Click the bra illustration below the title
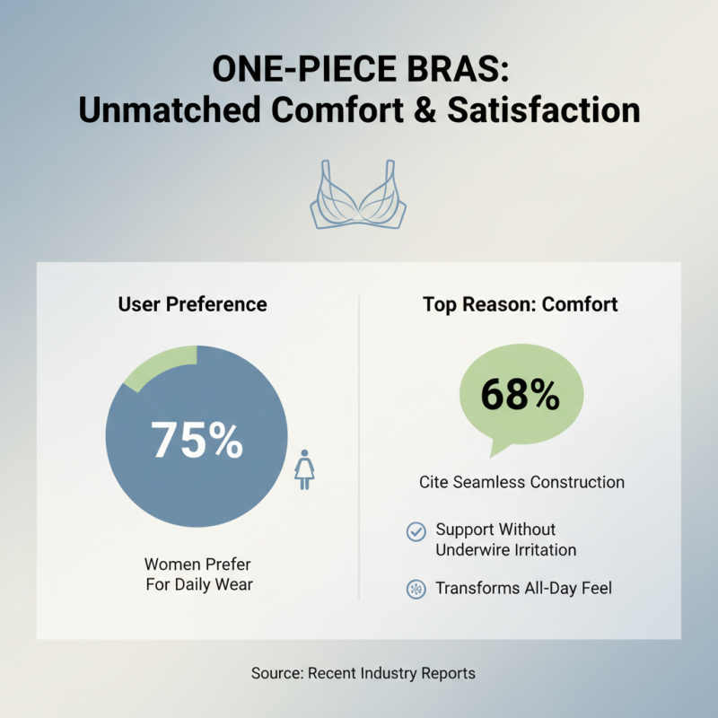click(x=358, y=196)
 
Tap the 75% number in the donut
click(x=197, y=439)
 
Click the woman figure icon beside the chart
click(x=305, y=469)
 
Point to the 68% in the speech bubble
click(x=521, y=394)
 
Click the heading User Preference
click(x=192, y=304)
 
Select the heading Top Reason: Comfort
click(x=521, y=304)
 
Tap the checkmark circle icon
click(x=416, y=531)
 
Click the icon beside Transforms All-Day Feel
click(x=416, y=590)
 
